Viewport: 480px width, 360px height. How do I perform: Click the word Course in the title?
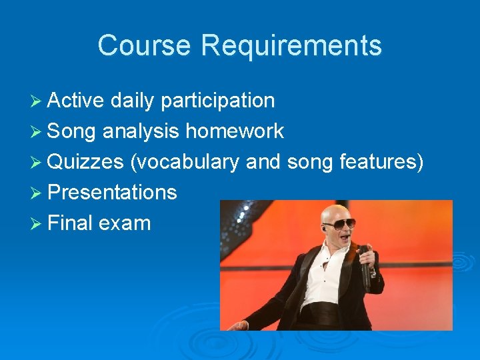pyautogui.click(x=145, y=46)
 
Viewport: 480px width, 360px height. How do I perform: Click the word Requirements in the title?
pyautogui.click(x=291, y=46)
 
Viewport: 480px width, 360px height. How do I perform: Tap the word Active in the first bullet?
pyautogui.click(x=76, y=101)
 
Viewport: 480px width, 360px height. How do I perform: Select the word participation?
pyautogui.click(x=217, y=101)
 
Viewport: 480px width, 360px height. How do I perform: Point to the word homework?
pyautogui.click(x=235, y=131)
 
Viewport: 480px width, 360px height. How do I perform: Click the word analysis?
pyautogui.click(x=141, y=132)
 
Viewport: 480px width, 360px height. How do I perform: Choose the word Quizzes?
pyautogui.click(x=86, y=162)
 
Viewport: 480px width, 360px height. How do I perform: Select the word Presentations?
pyautogui.click(x=113, y=193)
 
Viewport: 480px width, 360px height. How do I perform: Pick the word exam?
pyautogui.click(x=125, y=223)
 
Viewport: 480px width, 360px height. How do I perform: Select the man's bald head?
pyautogui.click(x=333, y=212)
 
